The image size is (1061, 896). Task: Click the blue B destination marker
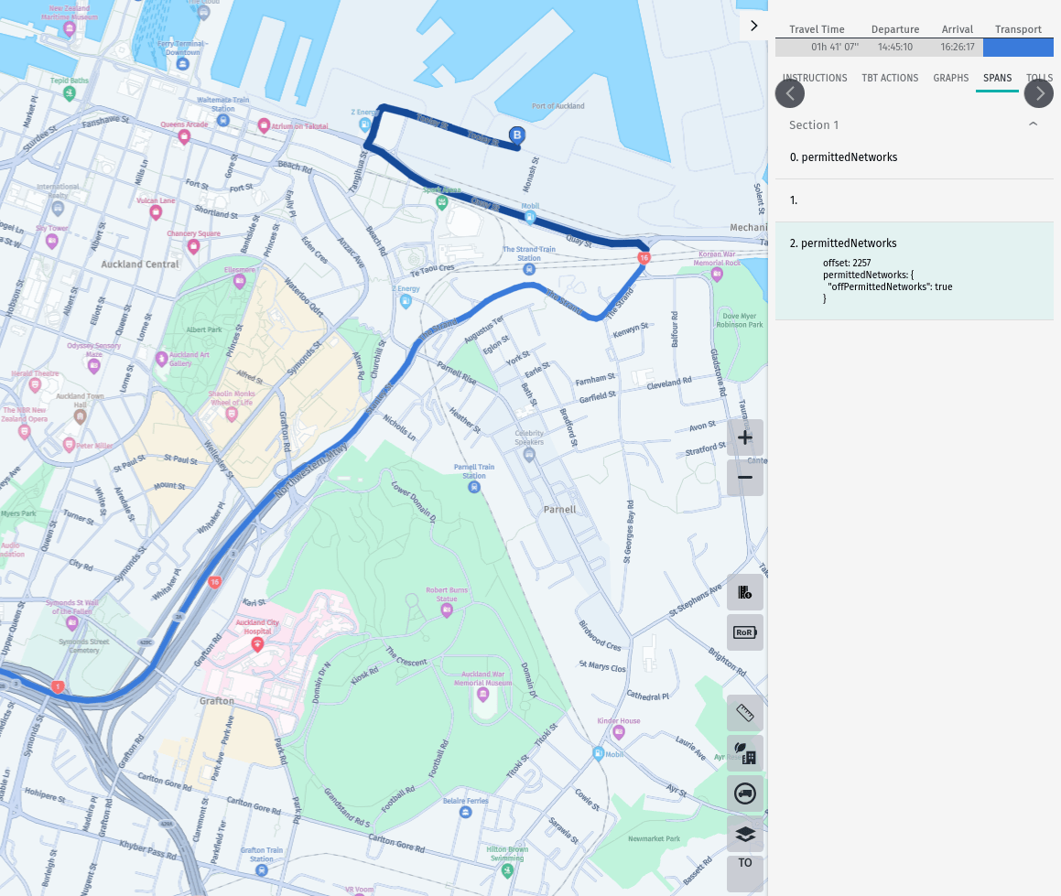point(516,135)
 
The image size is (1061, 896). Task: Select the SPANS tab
point(997,78)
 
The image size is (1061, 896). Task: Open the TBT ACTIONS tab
point(889,78)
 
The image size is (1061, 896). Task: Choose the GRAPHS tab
point(950,78)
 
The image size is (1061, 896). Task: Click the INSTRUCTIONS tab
point(814,78)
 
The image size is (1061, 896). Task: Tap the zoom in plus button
point(744,437)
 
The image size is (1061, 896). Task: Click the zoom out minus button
point(744,478)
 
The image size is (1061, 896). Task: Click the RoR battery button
point(744,632)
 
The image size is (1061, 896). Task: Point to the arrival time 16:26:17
point(957,47)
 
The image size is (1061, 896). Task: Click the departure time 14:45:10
point(894,47)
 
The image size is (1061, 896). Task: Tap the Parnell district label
point(559,509)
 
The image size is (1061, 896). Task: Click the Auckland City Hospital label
point(257,627)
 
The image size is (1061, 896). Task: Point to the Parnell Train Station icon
point(474,487)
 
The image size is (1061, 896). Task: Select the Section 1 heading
point(814,124)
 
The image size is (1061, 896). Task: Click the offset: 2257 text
point(847,263)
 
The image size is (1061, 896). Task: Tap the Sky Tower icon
point(51,241)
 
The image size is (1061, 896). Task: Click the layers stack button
point(744,834)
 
